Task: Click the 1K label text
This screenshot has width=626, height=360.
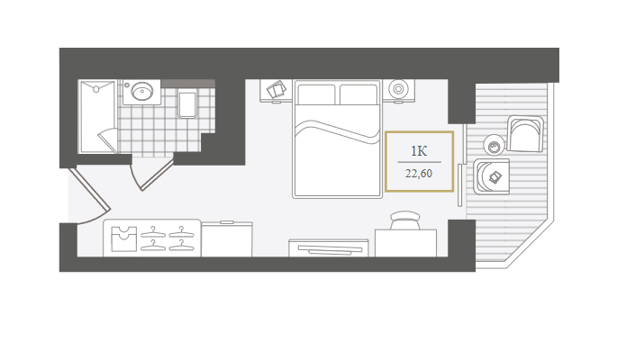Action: click(x=419, y=151)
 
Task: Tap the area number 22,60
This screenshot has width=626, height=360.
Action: click(x=419, y=174)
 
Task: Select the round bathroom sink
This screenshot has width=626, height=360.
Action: click(x=141, y=92)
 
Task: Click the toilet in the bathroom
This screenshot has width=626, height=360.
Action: click(x=187, y=105)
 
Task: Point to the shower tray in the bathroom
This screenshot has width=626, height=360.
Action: click(x=98, y=116)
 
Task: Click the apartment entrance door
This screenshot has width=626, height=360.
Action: click(x=89, y=189)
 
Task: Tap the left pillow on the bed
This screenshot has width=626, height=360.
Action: click(x=316, y=94)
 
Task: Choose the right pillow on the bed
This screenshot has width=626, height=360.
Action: click(x=358, y=94)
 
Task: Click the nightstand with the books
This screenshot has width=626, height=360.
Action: click(x=276, y=91)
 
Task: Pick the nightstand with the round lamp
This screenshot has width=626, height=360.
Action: click(x=398, y=90)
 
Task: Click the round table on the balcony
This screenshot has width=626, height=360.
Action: click(x=494, y=145)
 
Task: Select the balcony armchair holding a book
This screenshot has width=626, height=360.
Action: click(x=492, y=176)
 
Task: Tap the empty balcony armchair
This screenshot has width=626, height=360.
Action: click(x=525, y=134)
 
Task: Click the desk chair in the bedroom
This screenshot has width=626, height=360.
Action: click(x=405, y=220)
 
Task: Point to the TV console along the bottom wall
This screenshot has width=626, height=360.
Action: click(x=329, y=247)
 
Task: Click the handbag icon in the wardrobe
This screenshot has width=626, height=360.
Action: click(x=123, y=238)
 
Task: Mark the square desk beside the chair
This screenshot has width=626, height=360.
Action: click(x=405, y=243)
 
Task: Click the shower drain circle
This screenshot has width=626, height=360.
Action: click(x=96, y=89)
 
